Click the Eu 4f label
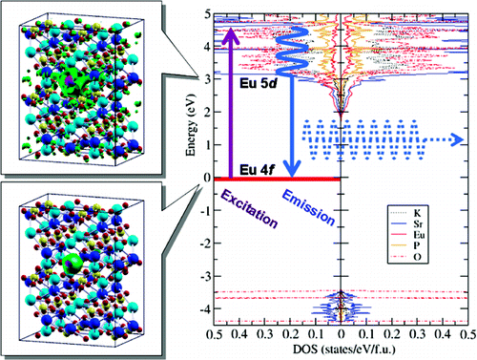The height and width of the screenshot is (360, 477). click(x=252, y=168)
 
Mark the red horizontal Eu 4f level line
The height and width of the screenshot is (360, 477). click(x=277, y=179)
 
